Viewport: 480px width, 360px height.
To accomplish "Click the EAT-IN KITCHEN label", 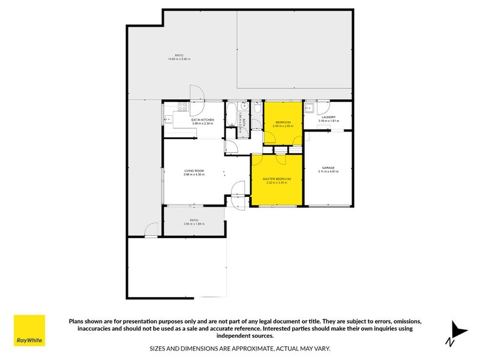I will (203, 120).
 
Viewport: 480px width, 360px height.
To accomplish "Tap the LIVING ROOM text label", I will (194, 171).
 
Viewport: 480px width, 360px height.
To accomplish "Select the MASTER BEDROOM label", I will (277, 179).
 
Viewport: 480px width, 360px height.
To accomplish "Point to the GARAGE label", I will (328, 168).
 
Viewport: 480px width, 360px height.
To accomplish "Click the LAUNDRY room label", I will (328, 118).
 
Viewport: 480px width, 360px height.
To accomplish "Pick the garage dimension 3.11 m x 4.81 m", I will (328, 172).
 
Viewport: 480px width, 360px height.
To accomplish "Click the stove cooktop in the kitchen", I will (182, 108).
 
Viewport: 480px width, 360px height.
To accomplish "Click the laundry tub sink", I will (310, 109).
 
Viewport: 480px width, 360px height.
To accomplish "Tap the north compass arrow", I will (458, 331).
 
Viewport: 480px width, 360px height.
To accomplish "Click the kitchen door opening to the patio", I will (197, 94).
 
